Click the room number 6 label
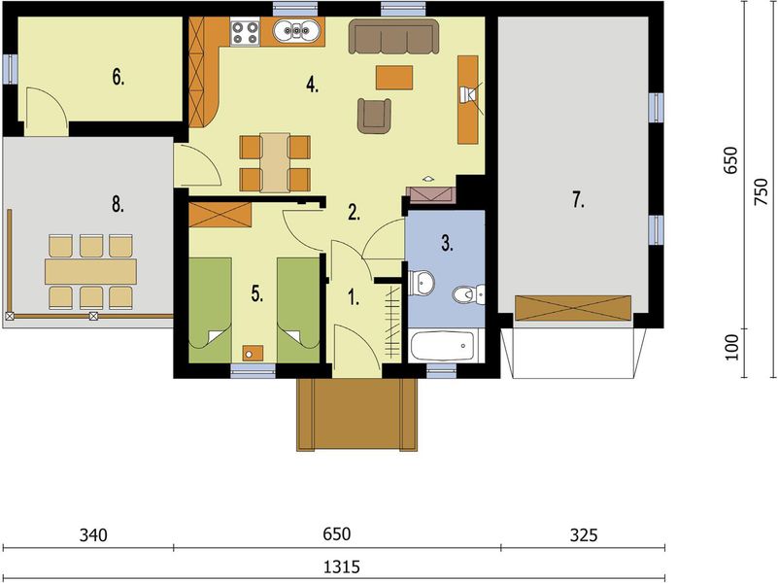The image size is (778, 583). (118, 78)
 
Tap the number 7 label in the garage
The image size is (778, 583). (578, 200)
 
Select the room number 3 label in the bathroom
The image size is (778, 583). (447, 243)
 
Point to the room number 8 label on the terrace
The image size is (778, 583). (118, 203)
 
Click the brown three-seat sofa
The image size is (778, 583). (394, 36)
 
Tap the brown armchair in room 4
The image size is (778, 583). (374, 116)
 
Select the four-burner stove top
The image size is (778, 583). (245, 32)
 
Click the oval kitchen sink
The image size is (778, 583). (296, 31)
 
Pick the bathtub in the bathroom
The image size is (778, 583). (442, 346)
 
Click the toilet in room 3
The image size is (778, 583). (468, 294)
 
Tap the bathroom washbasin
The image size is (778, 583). (422, 283)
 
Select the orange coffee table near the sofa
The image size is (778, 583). (394, 78)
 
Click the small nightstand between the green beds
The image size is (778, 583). (254, 354)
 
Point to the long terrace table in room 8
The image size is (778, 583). (90, 271)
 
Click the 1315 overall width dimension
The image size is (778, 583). (341, 566)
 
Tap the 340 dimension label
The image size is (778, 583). (93, 535)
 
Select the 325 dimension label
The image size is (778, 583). (584, 535)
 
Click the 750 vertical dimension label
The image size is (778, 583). (761, 191)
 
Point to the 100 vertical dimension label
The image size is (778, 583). (731, 347)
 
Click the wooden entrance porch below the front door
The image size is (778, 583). (356, 415)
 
